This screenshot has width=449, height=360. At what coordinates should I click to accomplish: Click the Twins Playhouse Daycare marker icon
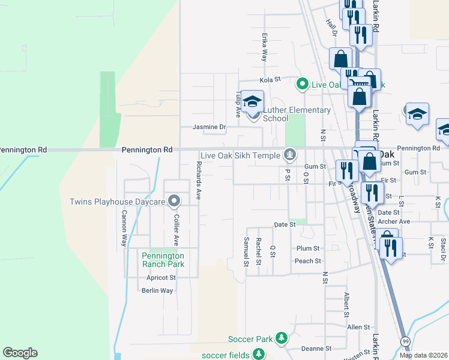tap(174, 201)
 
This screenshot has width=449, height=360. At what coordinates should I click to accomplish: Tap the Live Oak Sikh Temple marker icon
tap(290, 155)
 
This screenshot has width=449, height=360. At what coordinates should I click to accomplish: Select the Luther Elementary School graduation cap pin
tap(253, 102)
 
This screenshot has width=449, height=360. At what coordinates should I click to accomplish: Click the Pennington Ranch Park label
tap(163, 259)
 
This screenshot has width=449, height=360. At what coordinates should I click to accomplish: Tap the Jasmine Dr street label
tap(209, 127)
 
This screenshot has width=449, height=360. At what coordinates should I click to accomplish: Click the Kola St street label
tap(270, 79)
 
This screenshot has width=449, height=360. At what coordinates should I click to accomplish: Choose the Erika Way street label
tap(264, 47)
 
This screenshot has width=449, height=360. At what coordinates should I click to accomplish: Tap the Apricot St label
tap(161, 278)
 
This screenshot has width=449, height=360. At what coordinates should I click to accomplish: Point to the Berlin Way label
tap(157, 290)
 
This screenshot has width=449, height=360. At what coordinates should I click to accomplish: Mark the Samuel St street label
tap(246, 251)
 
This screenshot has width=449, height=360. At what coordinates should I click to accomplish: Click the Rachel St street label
tap(259, 251)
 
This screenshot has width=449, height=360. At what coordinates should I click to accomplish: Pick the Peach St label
tap(308, 261)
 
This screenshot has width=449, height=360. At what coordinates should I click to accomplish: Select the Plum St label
tap(308, 248)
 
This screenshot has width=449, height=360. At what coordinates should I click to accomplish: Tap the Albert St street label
tap(346, 305)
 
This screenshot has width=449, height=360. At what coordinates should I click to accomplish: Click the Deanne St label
tap(316, 348)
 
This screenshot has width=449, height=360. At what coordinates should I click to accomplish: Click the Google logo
tap(20, 353)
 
